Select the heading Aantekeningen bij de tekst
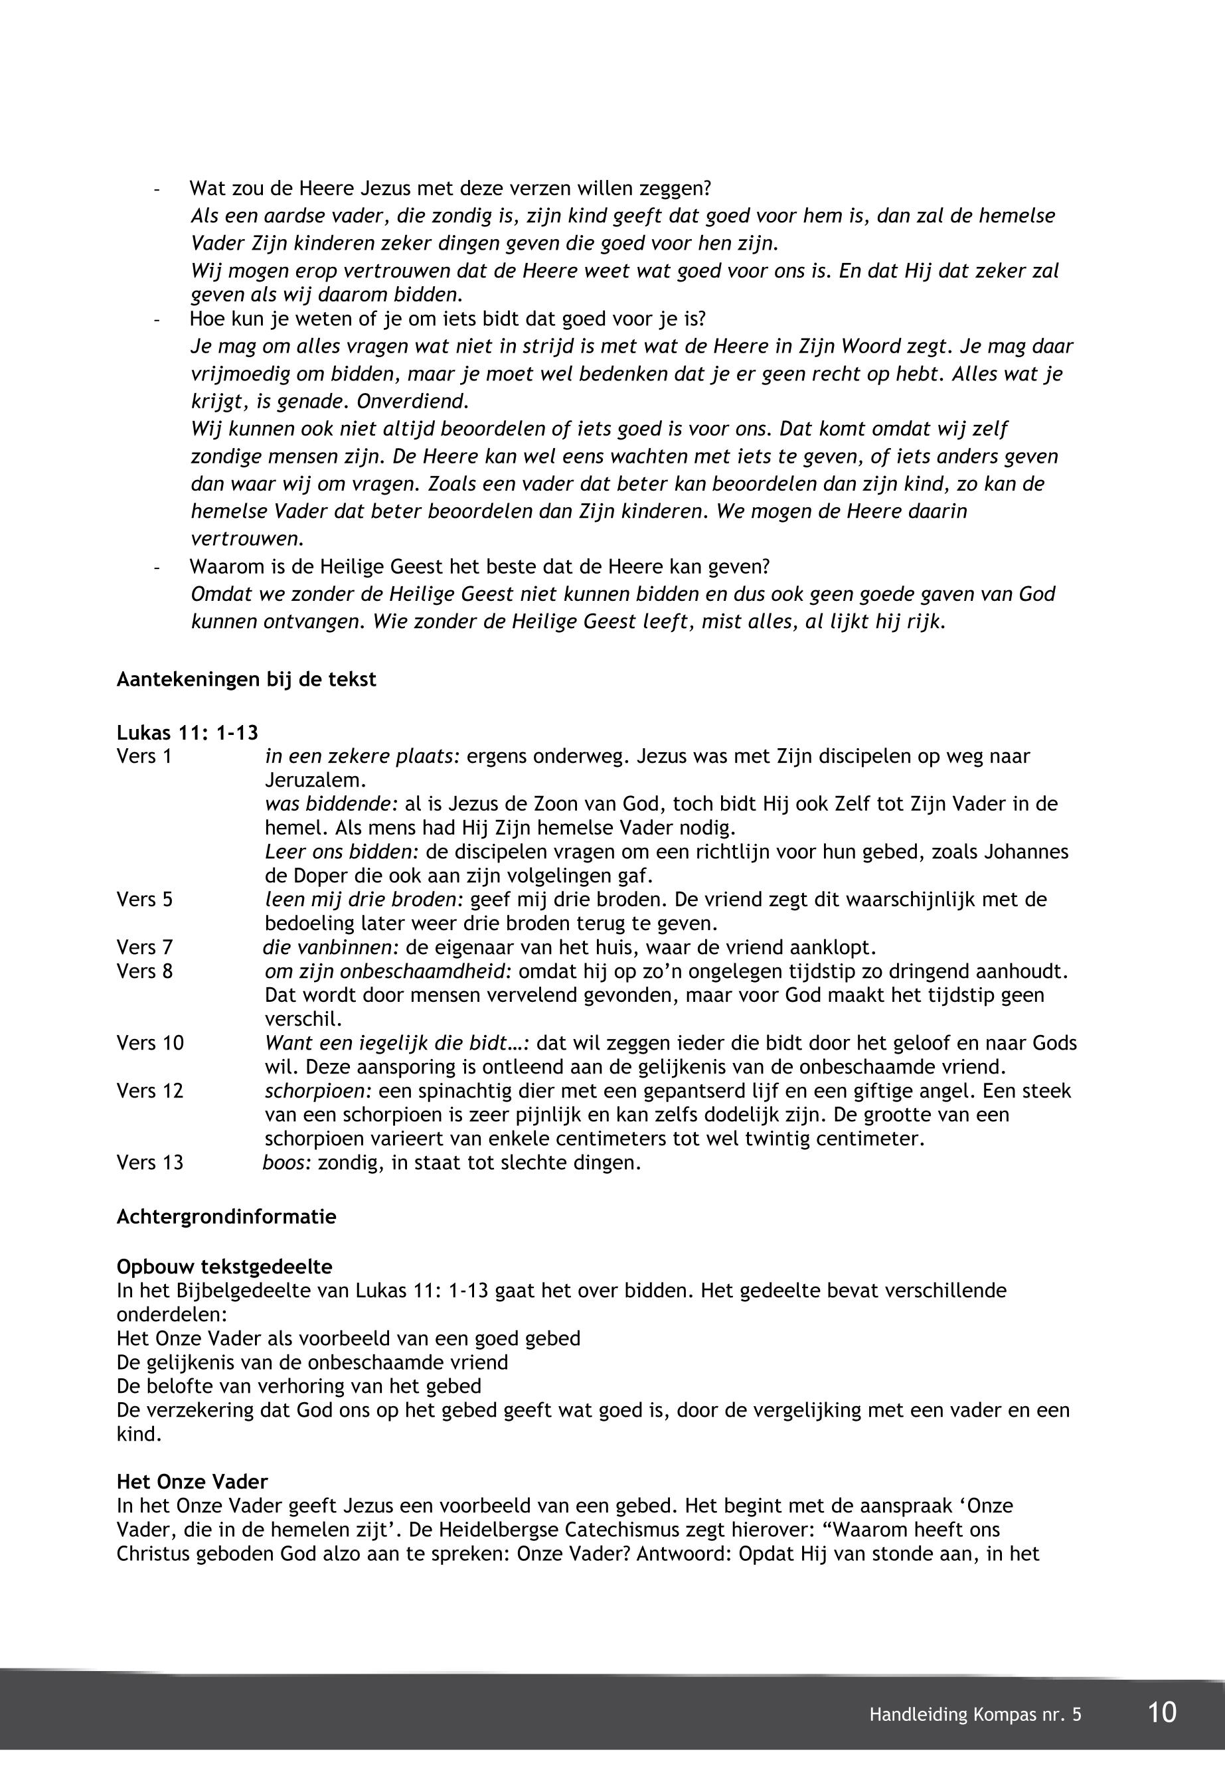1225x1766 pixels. (246, 680)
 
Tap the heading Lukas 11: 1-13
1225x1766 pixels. (187, 733)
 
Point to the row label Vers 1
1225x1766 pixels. (144, 757)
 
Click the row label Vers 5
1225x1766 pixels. (144, 900)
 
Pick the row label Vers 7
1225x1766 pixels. (144, 948)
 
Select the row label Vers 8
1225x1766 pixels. (144, 972)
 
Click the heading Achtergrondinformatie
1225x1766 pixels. (226, 1217)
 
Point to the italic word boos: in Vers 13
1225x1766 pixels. (286, 1163)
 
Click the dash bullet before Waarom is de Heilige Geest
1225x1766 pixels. (157, 568)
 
